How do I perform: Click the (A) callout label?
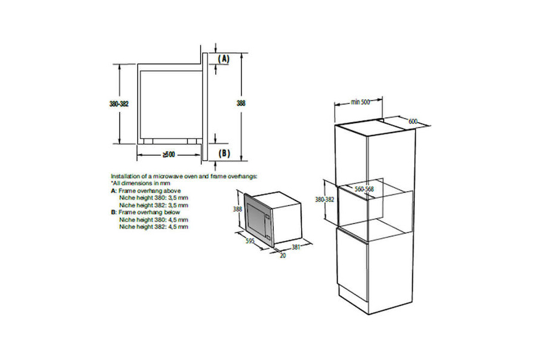coord(224,59)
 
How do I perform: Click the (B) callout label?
coord(224,154)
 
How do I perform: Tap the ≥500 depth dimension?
coord(169,155)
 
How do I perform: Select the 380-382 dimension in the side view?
coord(119,103)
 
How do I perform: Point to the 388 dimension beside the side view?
coord(241,103)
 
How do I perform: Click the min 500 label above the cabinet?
coord(360,101)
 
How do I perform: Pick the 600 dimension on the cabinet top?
coord(413,121)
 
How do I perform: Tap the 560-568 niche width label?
coord(364,189)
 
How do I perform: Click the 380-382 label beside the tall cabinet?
coord(325,199)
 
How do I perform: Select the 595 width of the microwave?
coord(250,241)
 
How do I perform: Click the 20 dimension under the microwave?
coord(283,256)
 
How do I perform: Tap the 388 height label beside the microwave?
coord(238,209)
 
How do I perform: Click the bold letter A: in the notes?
coord(113,191)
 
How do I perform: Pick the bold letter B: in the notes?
coord(113,212)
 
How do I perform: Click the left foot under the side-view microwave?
coord(148,141)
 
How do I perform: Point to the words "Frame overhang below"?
coord(149,212)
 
